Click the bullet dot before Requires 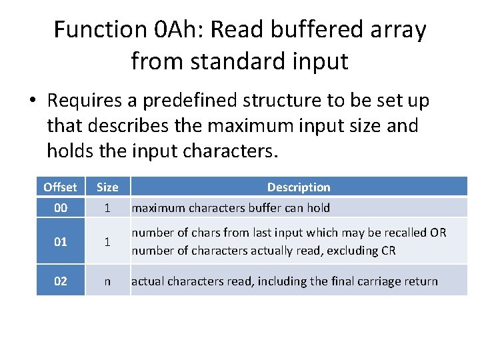coord(32,101)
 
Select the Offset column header coord(61,187)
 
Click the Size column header coord(107,187)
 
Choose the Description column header coord(299,187)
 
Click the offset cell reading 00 coord(61,208)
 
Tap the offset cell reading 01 coord(61,241)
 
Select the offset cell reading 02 coord(61,281)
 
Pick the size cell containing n coord(107,281)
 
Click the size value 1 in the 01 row coord(107,241)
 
